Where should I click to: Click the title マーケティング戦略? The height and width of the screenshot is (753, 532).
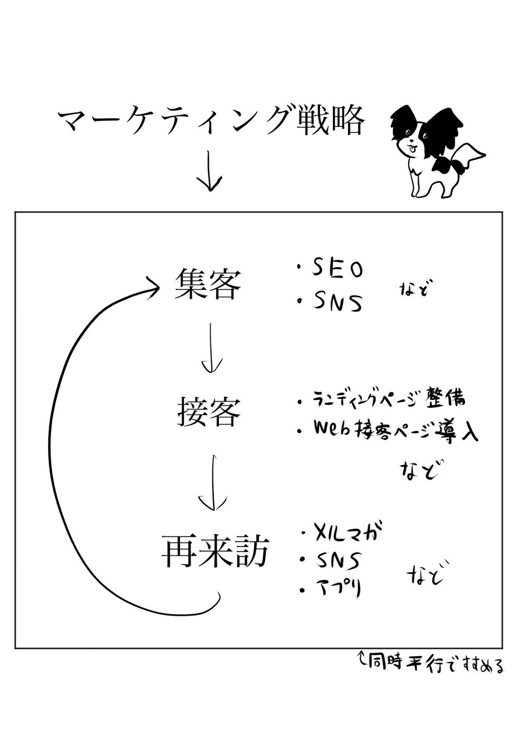[211, 122]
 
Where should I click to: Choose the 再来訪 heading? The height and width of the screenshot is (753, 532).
[215, 551]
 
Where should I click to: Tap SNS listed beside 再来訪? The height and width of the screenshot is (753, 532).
[337, 561]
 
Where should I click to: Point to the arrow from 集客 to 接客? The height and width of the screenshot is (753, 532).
[211, 348]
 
